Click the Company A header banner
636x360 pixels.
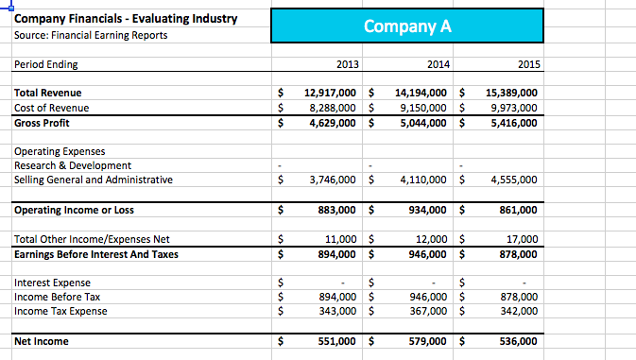pos(407,26)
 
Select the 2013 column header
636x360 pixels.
pos(347,64)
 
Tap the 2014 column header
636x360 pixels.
pos(438,64)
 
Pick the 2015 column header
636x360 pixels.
pos(528,64)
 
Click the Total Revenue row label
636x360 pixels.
pos(48,93)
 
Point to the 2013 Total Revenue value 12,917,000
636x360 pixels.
pos(330,93)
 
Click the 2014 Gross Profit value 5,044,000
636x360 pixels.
pos(425,122)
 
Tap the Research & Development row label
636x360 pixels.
pos(66,165)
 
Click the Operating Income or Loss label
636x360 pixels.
pos(75,210)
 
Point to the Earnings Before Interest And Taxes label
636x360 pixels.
pos(96,253)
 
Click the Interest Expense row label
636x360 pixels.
pos(53,283)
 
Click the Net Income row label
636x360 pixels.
pos(42,341)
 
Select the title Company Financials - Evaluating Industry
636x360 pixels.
pos(113,19)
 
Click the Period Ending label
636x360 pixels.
pos(46,64)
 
